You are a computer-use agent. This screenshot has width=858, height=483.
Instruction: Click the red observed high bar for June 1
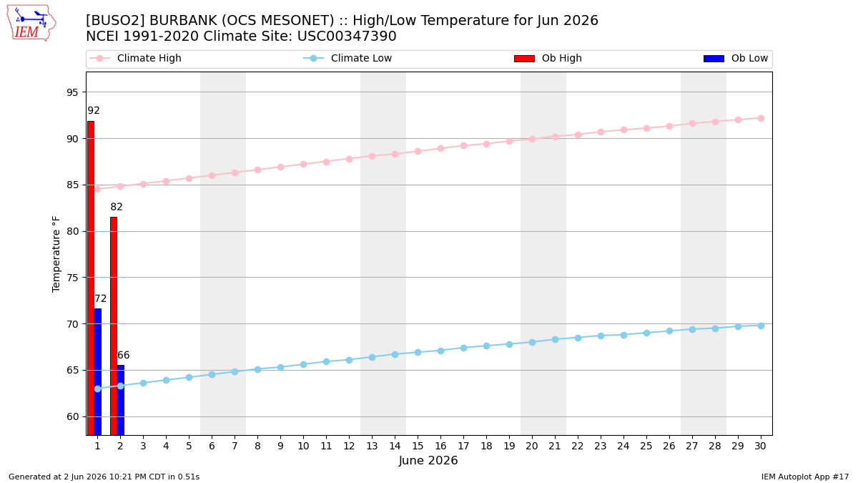[x=91, y=278]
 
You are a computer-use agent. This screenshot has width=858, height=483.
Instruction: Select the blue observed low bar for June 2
[x=121, y=400]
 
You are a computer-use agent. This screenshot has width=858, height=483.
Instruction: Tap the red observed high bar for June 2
[x=114, y=326]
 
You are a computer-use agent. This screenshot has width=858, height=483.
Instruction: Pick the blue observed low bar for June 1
[x=98, y=371]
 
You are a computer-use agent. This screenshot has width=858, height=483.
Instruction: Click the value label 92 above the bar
[x=94, y=110]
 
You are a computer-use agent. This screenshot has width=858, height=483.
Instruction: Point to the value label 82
[x=117, y=207]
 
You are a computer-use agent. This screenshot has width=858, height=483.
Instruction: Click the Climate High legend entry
[x=135, y=58]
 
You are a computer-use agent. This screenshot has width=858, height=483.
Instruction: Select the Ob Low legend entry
[x=736, y=58]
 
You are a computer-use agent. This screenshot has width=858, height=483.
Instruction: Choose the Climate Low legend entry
[x=347, y=58]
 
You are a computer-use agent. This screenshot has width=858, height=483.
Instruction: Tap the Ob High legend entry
[x=548, y=58]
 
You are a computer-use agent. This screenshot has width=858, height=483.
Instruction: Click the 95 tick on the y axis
[x=72, y=92]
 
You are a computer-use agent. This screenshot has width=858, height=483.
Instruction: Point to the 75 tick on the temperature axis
[x=72, y=278]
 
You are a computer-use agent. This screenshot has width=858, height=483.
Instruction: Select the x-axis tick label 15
[x=418, y=446]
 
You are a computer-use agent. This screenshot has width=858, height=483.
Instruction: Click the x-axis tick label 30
[x=760, y=446]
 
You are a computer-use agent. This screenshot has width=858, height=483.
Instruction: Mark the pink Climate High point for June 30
[x=761, y=119]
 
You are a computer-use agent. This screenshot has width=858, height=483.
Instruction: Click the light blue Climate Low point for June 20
[x=532, y=342]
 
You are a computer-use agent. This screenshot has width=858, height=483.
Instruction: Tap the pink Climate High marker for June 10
[x=303, y=164]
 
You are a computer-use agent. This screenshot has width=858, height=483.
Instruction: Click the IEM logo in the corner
[x=31, y=24]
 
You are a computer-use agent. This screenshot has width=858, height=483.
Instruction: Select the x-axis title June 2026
[x=428, y=460]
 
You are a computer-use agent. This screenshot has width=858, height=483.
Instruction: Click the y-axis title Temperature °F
[x=56, y=254]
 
